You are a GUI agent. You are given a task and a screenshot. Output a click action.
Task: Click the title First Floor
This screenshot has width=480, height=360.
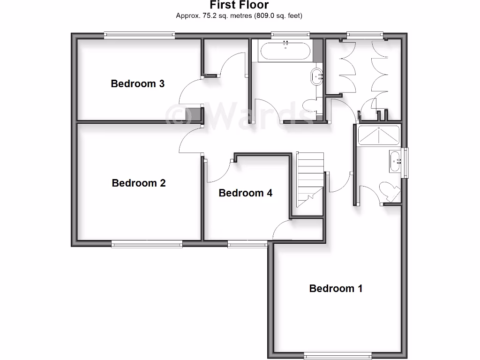coord(239,5)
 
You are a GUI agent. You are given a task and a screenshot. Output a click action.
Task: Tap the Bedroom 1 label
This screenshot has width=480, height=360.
coord(336,288)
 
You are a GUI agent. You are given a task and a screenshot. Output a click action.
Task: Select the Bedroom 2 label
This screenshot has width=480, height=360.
coord(139,183)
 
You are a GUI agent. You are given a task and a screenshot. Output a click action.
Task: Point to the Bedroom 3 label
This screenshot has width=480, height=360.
coord(137,84)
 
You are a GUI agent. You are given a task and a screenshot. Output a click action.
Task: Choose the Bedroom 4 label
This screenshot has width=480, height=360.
coord(246,193)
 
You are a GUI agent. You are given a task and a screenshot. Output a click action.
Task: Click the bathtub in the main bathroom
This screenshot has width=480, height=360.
coord(285,51)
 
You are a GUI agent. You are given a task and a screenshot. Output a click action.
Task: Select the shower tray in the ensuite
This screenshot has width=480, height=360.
coord(378,135)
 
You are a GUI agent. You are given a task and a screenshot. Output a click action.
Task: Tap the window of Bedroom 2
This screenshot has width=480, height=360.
coord(147,243)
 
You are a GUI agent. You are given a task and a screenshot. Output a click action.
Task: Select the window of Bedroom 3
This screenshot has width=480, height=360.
coord(139,34)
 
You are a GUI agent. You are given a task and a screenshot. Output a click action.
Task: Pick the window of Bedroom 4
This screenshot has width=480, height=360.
coord(247,243)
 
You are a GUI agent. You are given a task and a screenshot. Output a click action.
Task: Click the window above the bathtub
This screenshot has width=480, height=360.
coord(290,34)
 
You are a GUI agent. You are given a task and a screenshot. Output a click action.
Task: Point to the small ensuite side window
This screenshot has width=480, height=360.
coord(406,163)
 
